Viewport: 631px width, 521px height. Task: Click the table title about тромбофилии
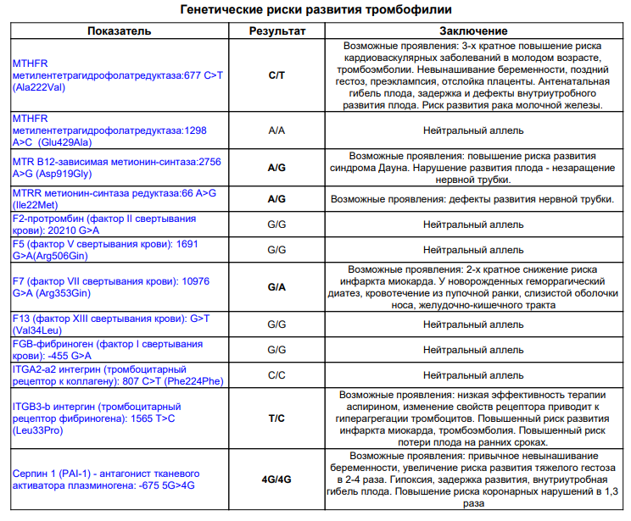pos(315,10)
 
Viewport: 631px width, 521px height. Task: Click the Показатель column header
pos(119,31)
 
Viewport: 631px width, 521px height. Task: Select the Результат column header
pos(276,31)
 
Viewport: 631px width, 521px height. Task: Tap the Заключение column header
pos(473,31)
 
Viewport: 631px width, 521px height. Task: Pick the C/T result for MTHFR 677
pos(276,75)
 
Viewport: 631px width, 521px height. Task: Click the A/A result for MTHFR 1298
pos(276,130)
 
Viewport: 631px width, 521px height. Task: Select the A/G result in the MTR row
pos(276,168)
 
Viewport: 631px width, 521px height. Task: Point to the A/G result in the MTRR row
pos(276,199)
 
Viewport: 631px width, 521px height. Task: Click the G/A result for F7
pos(276,287)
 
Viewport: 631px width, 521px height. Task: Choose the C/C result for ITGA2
pos(276,374)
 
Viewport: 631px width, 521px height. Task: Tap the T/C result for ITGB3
pos(276,418)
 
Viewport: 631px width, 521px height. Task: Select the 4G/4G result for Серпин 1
pos(276,479)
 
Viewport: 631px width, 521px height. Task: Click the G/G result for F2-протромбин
pos(276,224)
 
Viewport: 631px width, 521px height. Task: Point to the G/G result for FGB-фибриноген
pos(276,350)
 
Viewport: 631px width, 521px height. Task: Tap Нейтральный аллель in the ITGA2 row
pos(473,374)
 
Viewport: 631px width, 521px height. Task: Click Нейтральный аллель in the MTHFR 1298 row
pos(473,130)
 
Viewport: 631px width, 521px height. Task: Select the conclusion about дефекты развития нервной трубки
pos(472,199)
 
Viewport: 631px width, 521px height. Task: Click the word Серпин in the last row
pos(32,472)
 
